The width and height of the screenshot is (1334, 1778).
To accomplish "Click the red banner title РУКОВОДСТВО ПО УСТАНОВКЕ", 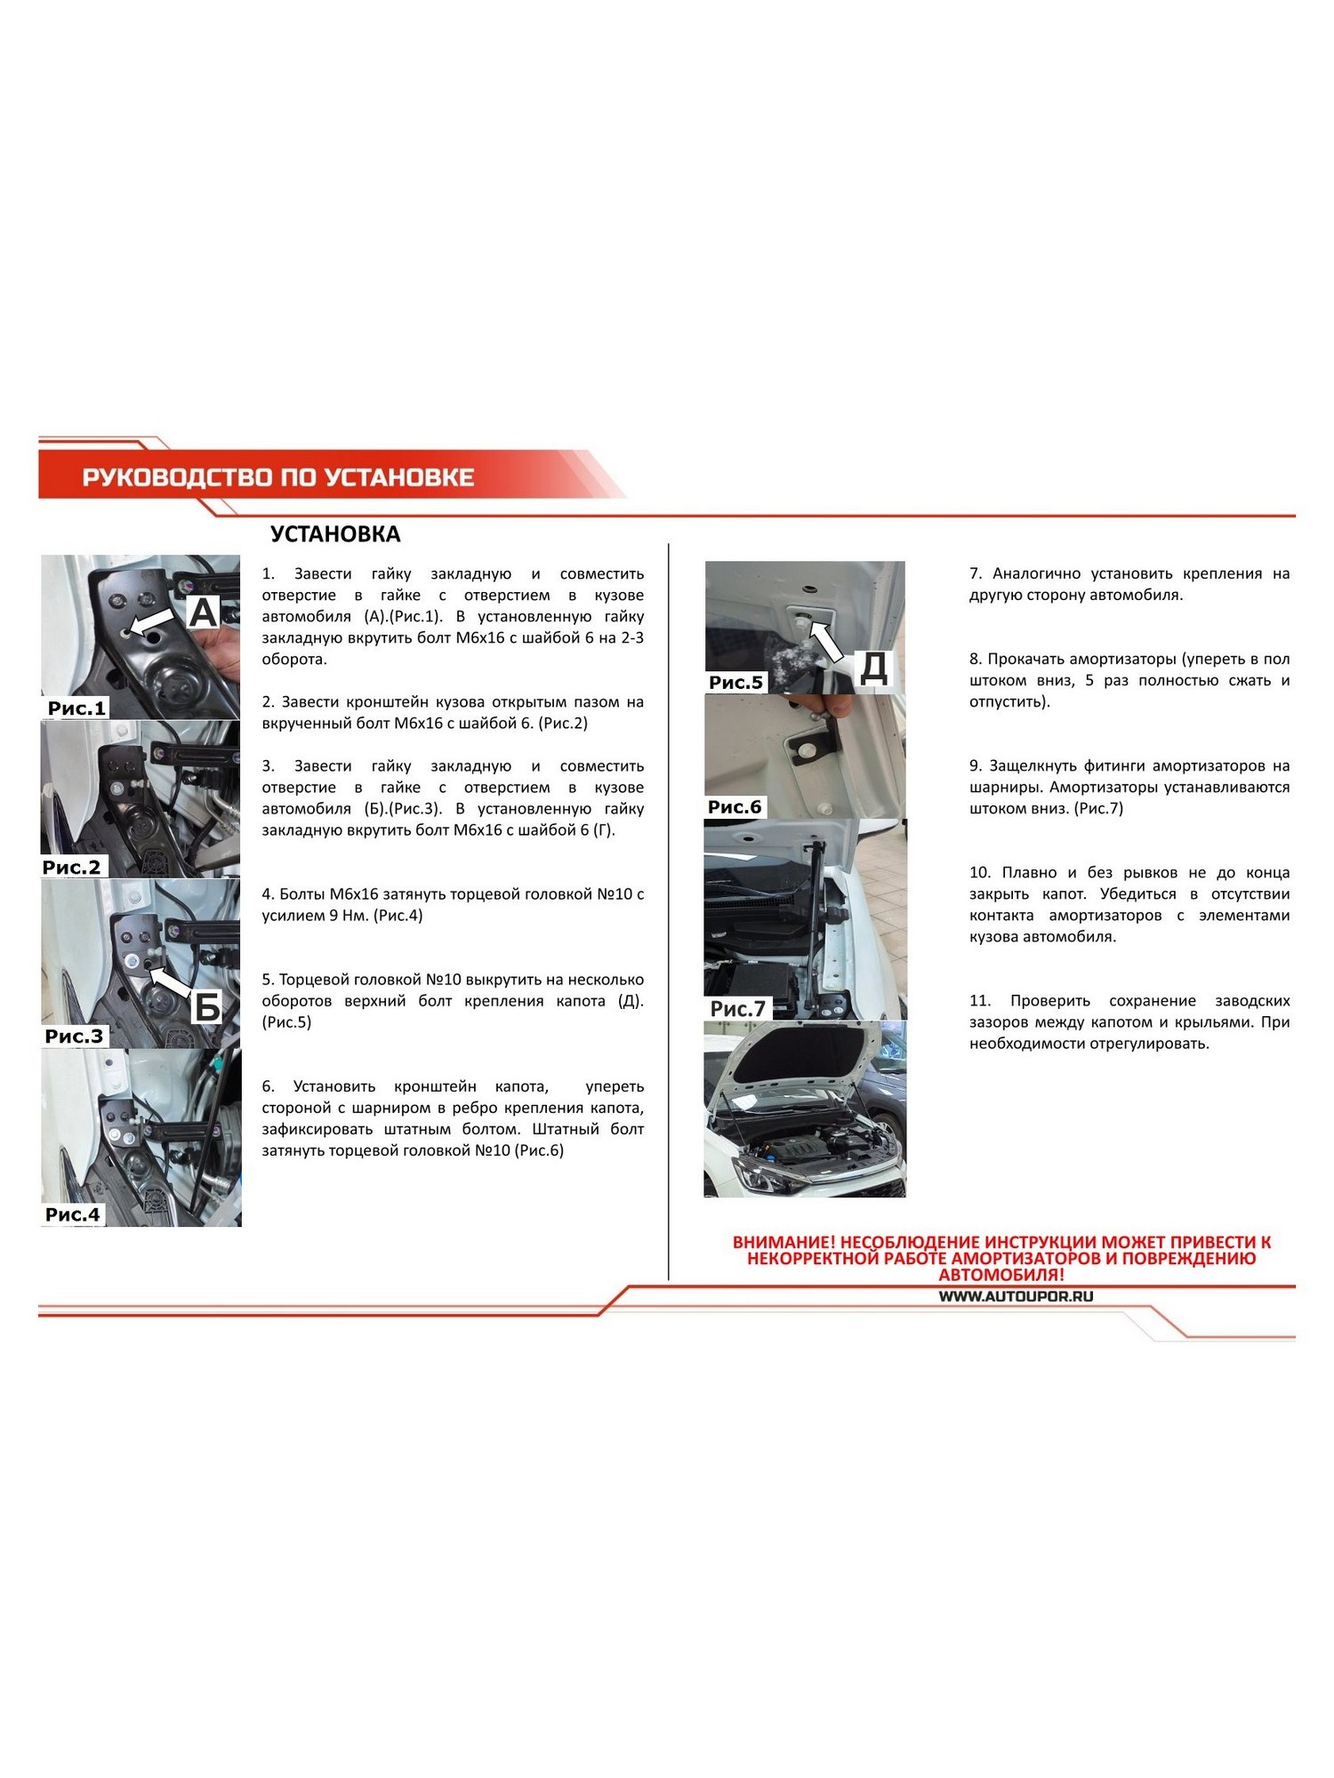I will (277, 477).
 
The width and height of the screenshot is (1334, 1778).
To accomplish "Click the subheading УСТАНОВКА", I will (335, 534).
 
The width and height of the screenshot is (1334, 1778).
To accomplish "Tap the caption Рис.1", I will (76, 709).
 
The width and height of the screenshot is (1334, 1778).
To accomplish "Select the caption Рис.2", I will (72, 867).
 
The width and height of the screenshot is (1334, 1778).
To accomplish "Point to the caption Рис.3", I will (74, 1036).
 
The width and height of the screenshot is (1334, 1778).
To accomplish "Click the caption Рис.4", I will (72, 1214).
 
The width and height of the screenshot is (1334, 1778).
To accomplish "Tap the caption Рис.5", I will (735, 683).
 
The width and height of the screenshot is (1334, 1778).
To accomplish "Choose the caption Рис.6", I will (735, 807).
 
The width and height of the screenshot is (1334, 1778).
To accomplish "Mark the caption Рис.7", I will (737, 1009).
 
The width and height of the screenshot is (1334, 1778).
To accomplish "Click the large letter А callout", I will (204, 613).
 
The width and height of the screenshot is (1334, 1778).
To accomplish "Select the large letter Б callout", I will (206, 1008).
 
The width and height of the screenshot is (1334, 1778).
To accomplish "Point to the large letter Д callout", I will (873, 668).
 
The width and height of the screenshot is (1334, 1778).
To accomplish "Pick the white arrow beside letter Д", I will (827, 641).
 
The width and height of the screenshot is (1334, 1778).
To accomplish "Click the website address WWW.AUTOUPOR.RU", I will (1016, 1296).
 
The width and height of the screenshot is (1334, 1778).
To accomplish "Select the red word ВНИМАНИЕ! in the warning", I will (784, 1242).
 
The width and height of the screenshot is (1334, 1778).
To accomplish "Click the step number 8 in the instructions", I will (975, 659).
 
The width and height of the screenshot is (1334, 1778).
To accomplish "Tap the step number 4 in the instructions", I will (267, 894).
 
